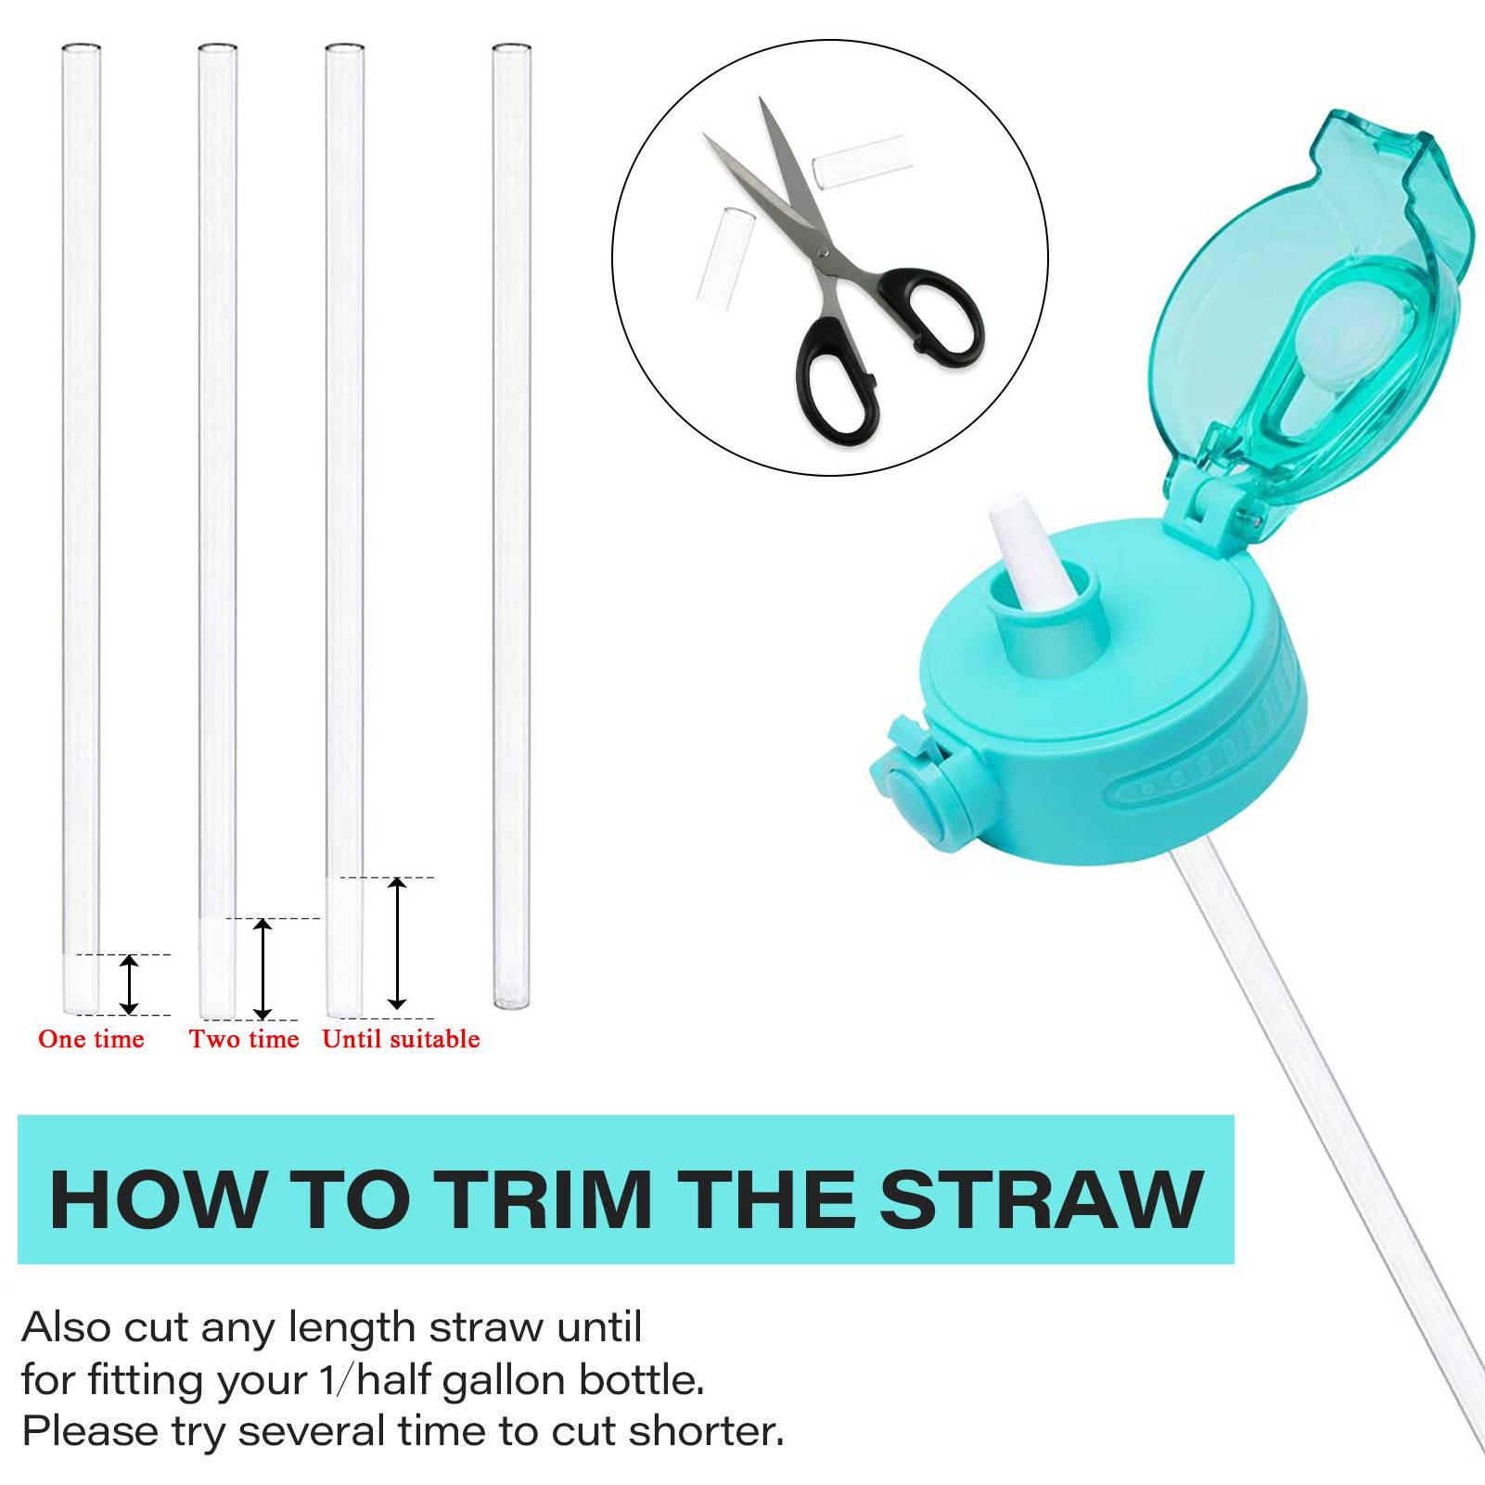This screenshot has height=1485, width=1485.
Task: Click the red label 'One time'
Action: pyautogui.click(x=91, y=1039)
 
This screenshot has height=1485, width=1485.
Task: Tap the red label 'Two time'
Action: pyautogui.click(x=244, y=1039)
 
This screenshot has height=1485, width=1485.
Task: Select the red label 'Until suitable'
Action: pyautogui.click(x=401, y=1039)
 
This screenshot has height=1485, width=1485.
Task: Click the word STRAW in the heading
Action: pyautogui.click(x=1042, y=1199)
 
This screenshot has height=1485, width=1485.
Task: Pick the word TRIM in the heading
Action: pyautogui.click(x=544, y=1199)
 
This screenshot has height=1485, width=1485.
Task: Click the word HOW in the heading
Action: pyautogui.click(x=156, y=1199)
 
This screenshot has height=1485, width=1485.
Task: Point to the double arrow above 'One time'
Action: pyautogui.click(x=130, y=984)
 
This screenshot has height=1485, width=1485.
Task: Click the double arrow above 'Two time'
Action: pyautogui.click(x=263, y=969)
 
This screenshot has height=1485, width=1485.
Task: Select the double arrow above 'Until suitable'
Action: pyautogui.click(x=397, y=942)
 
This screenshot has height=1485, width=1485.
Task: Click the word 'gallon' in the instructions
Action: pyautogui.click(x=505, y=1380)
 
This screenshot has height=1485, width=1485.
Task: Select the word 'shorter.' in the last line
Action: pyautogui.click(x=707, y=1431)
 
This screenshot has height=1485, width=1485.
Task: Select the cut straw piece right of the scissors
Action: pyautogui.click(x=859, y=160)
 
